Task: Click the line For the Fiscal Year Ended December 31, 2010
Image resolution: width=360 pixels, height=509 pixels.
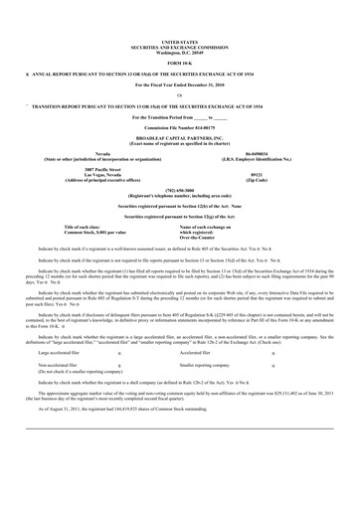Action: point(179,89)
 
